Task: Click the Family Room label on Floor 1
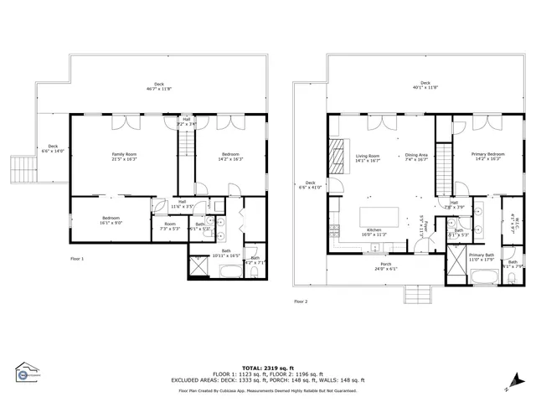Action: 124,157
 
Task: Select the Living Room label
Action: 368,158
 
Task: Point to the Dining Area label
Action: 416,158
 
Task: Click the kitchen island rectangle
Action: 376,216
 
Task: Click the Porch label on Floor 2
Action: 381,267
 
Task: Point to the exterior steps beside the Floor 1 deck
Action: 18,170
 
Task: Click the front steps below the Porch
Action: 416,294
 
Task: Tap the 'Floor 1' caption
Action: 77,259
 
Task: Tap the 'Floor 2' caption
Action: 301,301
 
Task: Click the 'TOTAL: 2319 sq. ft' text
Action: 265,368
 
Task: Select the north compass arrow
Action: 508,388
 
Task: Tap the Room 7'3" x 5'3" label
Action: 170,226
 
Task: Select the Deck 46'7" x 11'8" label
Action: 159,86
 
